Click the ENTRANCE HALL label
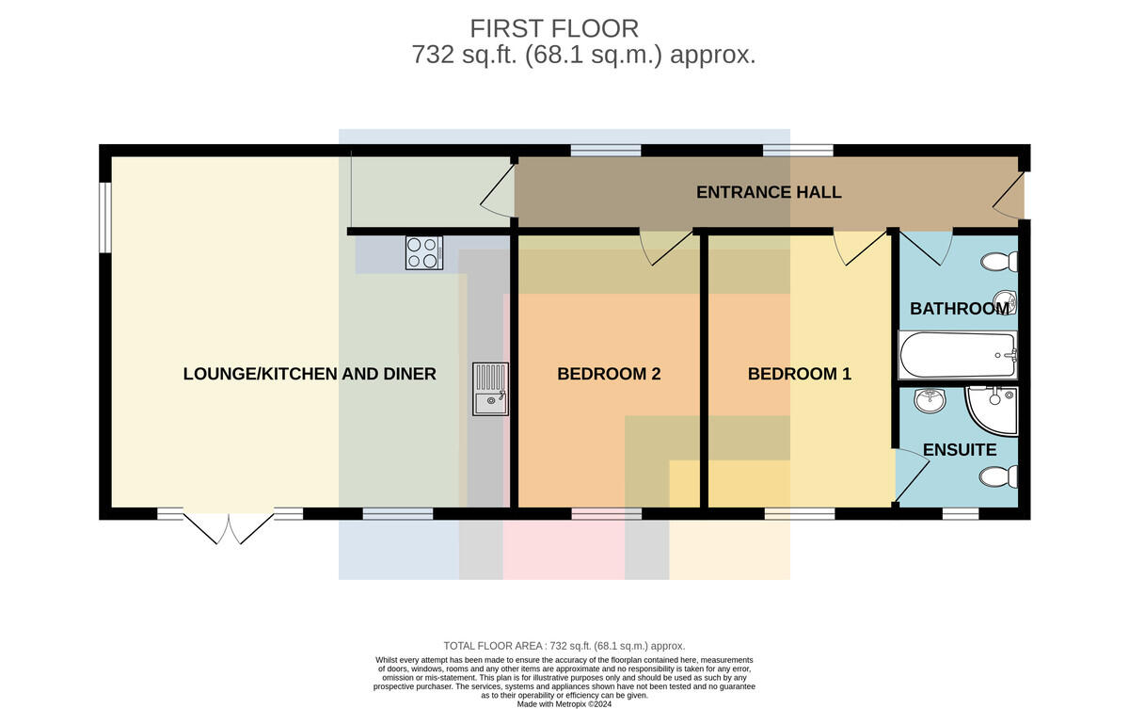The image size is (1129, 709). pos(769,192)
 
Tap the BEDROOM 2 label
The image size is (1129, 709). pos(609,374)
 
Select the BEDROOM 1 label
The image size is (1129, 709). pos(800,374)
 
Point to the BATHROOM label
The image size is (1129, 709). pos(960,309)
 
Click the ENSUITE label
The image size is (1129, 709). pos(960,450)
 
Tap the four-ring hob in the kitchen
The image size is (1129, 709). pos(424,252)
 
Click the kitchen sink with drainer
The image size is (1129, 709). pos(490,389)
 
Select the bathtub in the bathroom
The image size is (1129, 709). pos(958,355)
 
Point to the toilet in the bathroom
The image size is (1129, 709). pos(999,262)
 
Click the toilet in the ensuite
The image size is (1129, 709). pos(998,477)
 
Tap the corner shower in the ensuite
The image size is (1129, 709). pos(992,411)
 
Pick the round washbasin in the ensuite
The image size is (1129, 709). pos(930,401)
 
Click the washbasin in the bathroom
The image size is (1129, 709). pos(1005,303)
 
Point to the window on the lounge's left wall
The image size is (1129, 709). pos(104,217)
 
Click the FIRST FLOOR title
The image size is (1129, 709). pos(554,29)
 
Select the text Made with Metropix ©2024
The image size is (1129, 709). pos(564,704)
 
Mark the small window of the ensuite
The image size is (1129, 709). pos(961,514)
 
